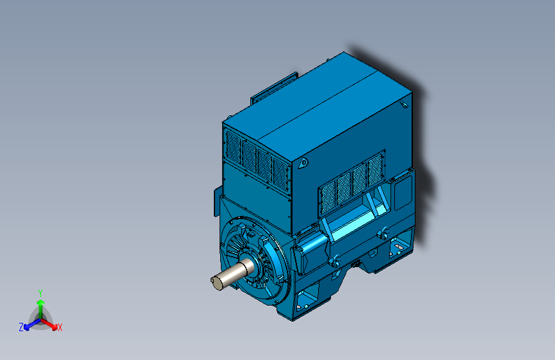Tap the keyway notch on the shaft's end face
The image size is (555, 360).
coord(213,281)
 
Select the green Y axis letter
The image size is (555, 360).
coord(40,293)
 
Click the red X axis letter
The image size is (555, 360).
coord(60,328)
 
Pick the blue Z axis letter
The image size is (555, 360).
coord(21,327)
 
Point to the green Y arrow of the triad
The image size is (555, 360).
coord(41,309)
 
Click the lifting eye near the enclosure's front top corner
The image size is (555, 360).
coord(303,163)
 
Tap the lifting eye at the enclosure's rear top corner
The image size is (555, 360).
coord(404,104)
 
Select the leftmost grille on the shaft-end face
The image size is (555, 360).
coord(233,147)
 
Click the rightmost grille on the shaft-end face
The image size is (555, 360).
coord(280,175)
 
